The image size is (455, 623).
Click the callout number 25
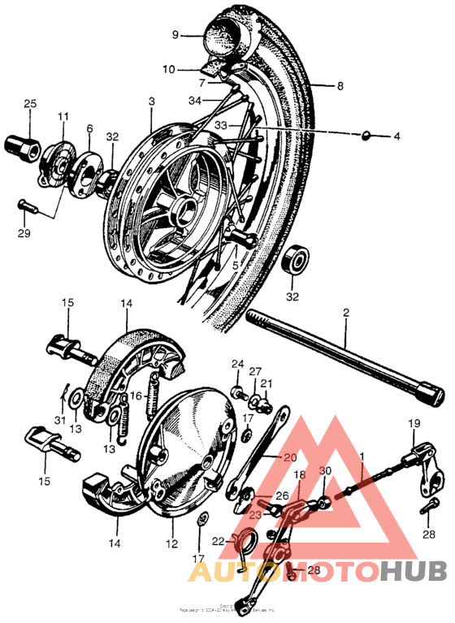pos(30,103)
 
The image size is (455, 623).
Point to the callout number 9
pos(174,34)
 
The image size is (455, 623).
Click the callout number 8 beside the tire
pos(340,84)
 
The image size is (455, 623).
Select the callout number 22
pos(218,541)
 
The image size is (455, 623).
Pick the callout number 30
pos(325,470)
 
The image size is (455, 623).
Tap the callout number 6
pos(89,128)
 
